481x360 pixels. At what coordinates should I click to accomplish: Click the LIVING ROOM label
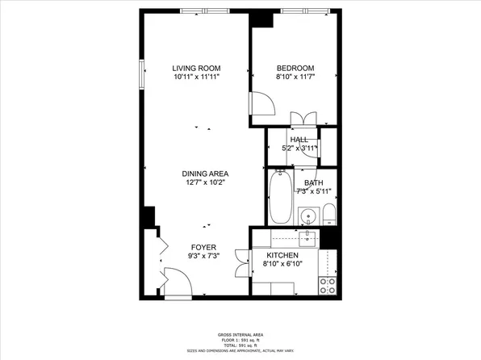(197, 68)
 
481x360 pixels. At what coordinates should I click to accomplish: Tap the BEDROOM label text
(295, 68)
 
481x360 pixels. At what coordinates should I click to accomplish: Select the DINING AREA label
(204, 174)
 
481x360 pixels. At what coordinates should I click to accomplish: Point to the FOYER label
(203, 247)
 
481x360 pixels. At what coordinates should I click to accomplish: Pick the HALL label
(299, 140)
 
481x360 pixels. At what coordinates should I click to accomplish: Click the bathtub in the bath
(279, 199)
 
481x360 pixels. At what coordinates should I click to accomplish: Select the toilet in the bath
(328, 215)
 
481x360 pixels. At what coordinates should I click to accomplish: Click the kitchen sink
(308, 237)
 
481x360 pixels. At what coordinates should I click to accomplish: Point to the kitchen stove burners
(328, 283)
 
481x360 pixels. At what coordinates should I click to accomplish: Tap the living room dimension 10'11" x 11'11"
(197, 77)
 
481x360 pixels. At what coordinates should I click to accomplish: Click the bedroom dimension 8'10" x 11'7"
(295, 77)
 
